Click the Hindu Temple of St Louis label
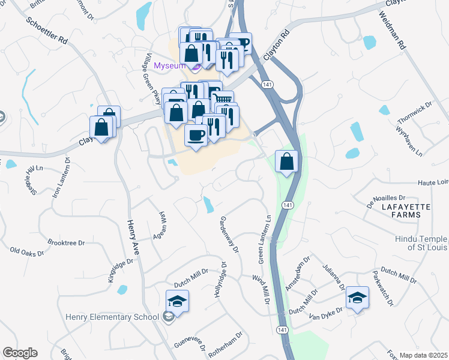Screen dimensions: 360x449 tap(421, 242)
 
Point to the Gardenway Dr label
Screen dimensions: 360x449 tap(229, 234)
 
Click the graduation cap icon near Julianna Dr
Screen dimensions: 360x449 tap(357, 298)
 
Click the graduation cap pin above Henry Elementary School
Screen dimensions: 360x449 tap(178, 301)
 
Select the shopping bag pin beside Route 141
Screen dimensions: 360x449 tap(287, 161)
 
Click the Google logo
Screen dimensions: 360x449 tap(20, 353)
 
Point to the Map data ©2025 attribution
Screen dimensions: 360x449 tap(424, 355)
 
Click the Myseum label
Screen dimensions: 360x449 tap(172, 65)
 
